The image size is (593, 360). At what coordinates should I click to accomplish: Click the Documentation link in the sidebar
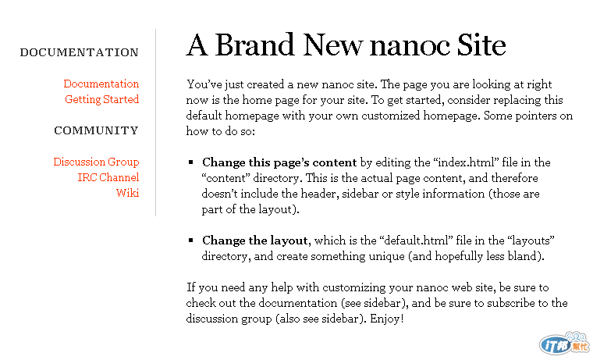pos(101,84)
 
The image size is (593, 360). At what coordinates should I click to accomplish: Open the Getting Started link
pos(101,99)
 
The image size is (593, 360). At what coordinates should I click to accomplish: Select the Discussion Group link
pos(96,162)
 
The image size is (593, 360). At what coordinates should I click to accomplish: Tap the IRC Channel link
pos(108,177)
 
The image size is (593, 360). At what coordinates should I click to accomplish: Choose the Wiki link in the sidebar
pos(127,193)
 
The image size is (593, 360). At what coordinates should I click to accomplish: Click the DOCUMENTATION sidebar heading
pos(80,53)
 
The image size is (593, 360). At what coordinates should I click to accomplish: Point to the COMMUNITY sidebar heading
pos(96,131)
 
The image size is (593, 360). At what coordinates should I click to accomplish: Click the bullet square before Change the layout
pos(190,241)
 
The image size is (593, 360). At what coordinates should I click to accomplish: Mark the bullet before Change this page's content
pos(190,162)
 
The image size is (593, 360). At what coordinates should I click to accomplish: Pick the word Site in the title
pos(478,45)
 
